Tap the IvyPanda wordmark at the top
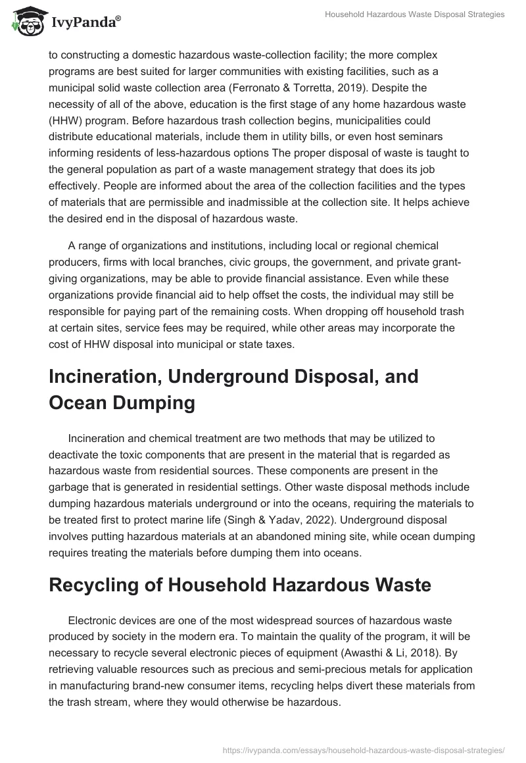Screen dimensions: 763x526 pyautogui.click(x=85, y=22)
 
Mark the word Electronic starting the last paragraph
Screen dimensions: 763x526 pyautogui.click(x=92, y=621)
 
